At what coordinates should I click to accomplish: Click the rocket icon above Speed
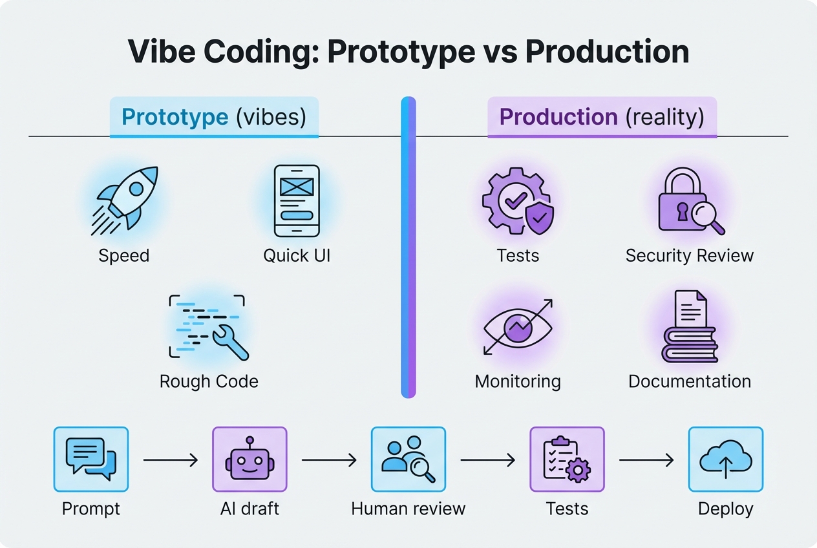click(128, 198)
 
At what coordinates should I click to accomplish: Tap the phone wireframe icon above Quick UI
click(297, 201)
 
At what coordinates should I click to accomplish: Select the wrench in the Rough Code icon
click(231, 342)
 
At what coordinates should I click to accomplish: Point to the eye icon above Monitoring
click(518, 327)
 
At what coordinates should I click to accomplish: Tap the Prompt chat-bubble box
click(91, 459)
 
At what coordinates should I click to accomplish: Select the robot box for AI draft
click(249, 459)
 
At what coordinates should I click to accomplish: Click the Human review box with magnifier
click(408, 459)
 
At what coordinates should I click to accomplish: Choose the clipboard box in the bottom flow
click(567, 459)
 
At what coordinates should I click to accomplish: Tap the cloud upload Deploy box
click(726, 459)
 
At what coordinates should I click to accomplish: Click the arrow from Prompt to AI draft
click(171, 460)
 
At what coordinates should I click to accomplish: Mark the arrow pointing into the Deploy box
click(646, 460)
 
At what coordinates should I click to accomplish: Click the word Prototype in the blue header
click(175, 117)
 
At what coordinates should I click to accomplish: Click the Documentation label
click(690, 381)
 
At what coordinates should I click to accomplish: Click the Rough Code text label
click(209, 381)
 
